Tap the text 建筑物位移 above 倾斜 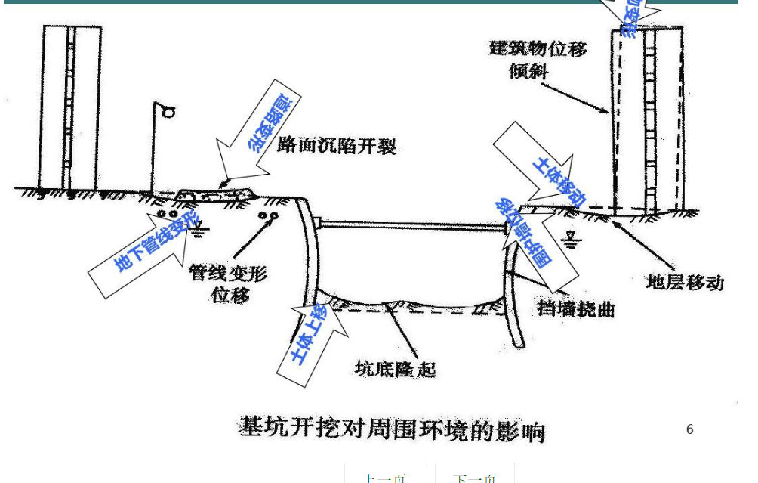(538, 49)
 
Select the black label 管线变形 (227, 273)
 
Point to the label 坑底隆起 (396, 369)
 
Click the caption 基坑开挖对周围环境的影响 (391, 428)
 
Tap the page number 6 (689, 429)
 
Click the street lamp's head (168, 112)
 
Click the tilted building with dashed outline (648, 121)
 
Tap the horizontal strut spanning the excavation (411, 224)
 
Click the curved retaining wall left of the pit (307, 257)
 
